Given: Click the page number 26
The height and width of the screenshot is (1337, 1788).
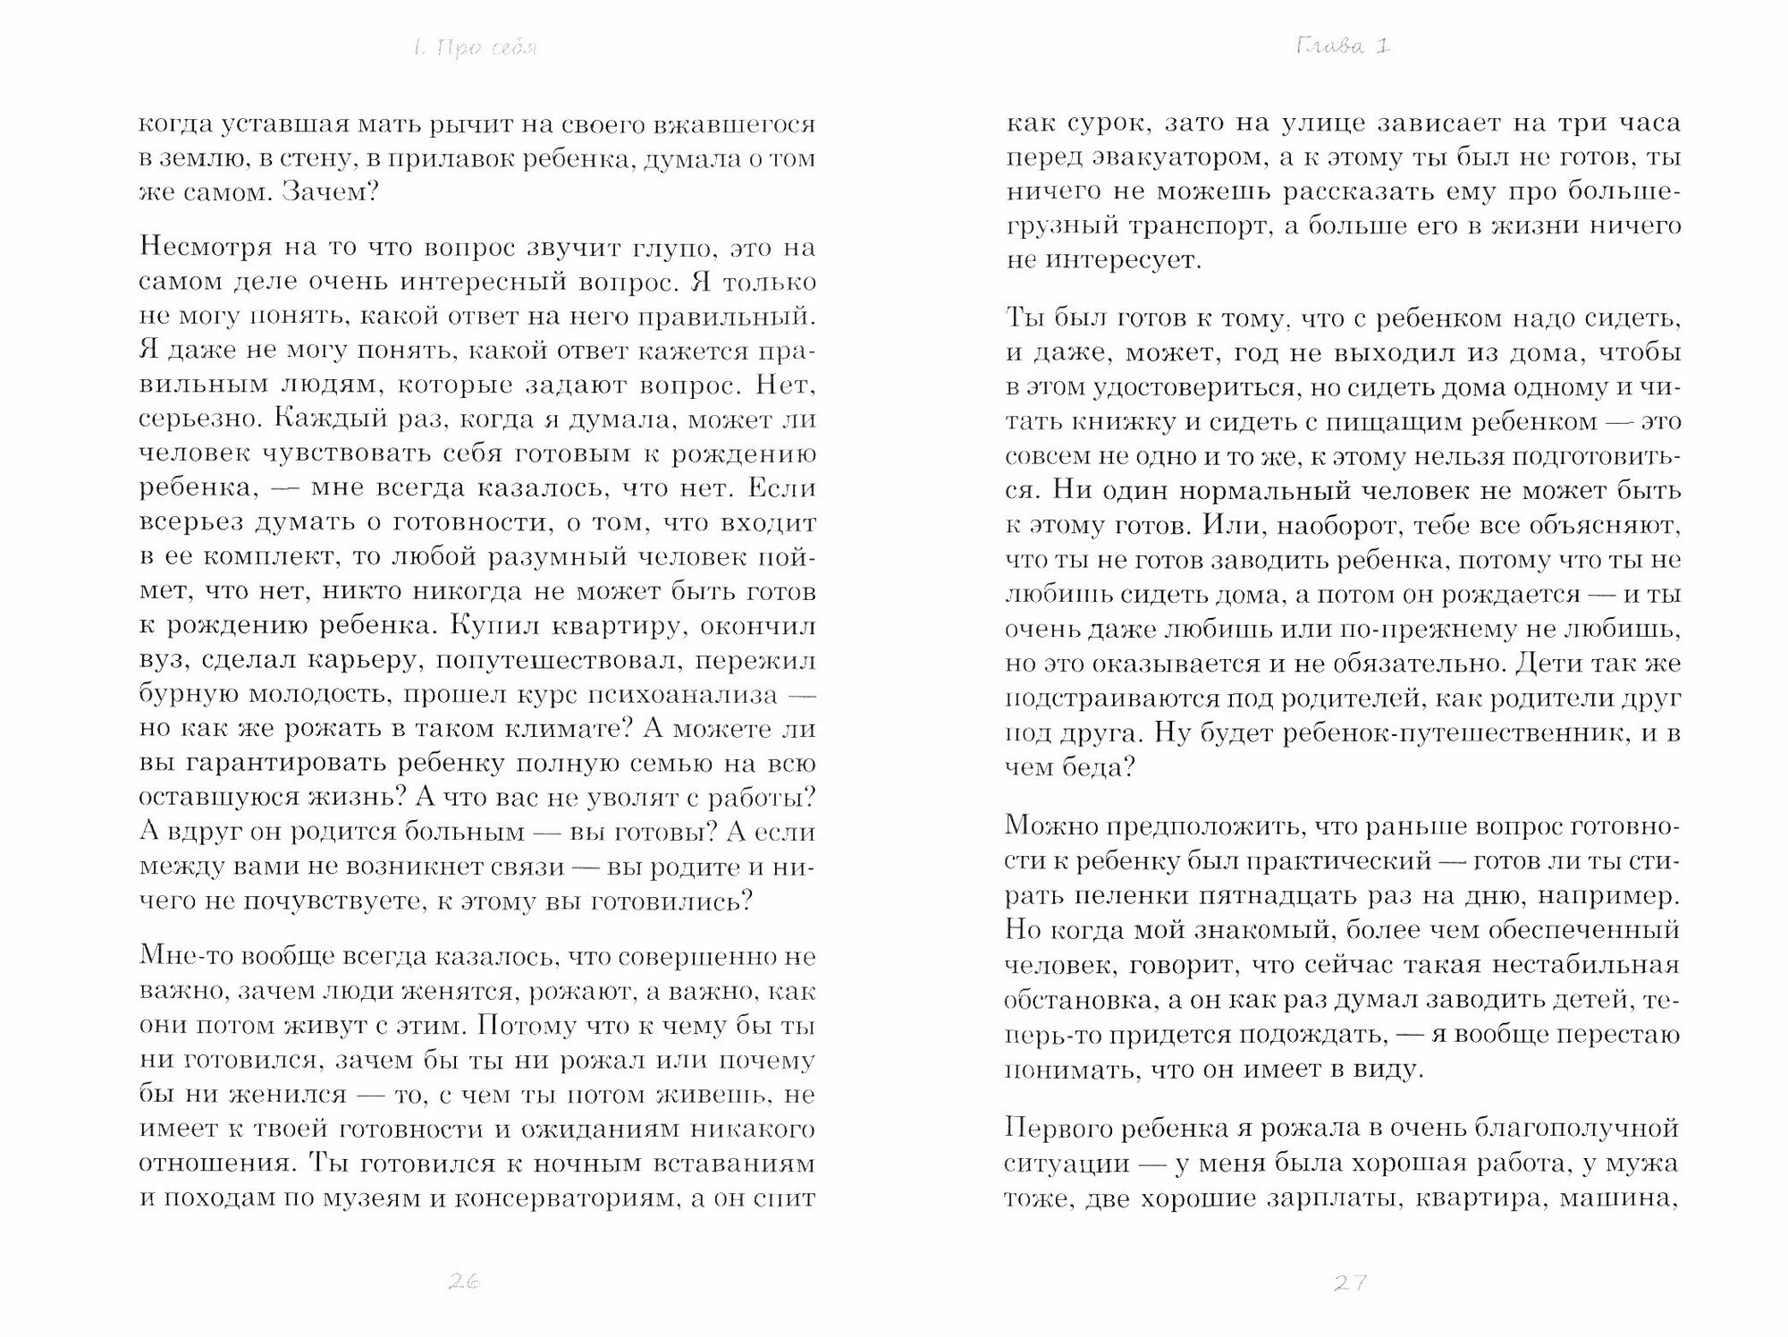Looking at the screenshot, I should [x=464, y=1282].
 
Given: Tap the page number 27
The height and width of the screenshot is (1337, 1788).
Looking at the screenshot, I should [x=1350, y=1282].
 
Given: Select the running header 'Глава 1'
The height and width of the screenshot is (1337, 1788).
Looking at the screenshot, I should [x=1342, y=47].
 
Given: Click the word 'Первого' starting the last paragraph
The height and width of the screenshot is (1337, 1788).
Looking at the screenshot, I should [x=1058, y=1127].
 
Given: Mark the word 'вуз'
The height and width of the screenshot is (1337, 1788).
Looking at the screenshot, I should [x=163, y=660].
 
